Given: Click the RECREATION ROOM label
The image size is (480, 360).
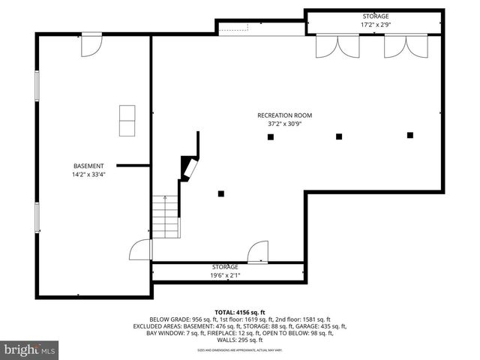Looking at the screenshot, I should click(x=284, y=115).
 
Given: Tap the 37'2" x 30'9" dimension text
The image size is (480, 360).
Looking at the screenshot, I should click(x=284, y=124).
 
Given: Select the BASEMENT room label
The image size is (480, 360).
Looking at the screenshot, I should click(x=88, y=166).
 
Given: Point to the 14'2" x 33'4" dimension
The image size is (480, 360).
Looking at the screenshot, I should click(x=88, y=175).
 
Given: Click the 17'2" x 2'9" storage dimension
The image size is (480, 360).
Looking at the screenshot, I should click(x=376, y=24).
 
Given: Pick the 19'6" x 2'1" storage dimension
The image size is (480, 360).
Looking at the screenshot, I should click(x=225, y=275).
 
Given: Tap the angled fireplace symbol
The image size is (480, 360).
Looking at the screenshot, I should click(x=189, y=168).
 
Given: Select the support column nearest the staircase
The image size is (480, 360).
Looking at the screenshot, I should click(x=221, y=193).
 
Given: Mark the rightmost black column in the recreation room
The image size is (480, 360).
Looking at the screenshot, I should click(x=410, y=135).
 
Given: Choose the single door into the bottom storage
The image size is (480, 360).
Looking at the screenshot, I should click(x=258, y=253).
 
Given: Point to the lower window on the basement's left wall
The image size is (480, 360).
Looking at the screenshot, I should click(x=36, y=217).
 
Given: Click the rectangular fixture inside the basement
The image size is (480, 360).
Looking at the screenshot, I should click(x=128, y=121).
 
